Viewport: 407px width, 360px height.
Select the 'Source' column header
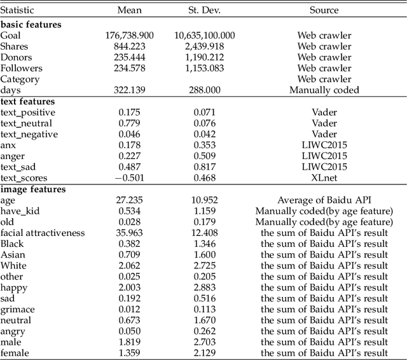324,10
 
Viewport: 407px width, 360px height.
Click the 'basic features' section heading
31,24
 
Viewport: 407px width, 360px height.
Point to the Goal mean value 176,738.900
130,35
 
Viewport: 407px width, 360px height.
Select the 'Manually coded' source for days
324,90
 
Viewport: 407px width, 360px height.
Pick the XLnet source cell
324,178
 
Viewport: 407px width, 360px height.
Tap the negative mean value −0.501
130,178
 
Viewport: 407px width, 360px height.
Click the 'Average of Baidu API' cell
324,200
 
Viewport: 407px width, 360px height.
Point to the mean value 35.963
130,233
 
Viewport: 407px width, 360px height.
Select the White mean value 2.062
130,266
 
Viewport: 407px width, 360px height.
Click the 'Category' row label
20,80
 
